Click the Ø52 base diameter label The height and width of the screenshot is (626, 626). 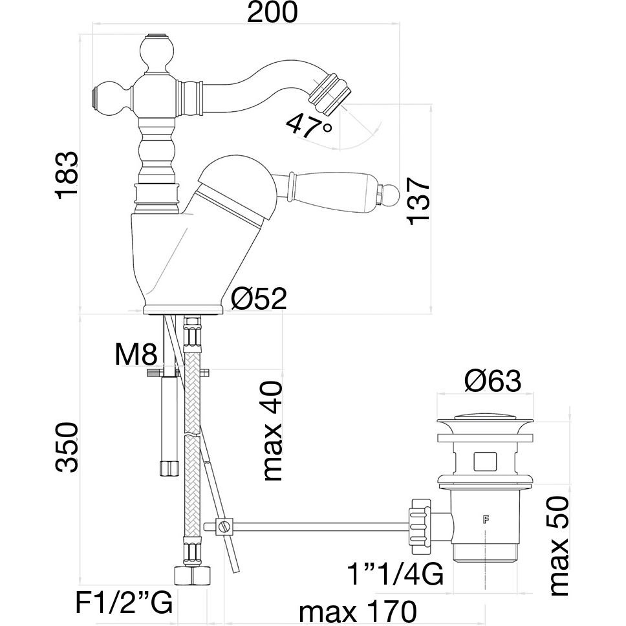click(x=259, y=299)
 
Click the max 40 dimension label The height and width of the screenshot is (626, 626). click(x=274, y=430)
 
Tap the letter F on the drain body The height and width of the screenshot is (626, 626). click(x=484, y=519)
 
